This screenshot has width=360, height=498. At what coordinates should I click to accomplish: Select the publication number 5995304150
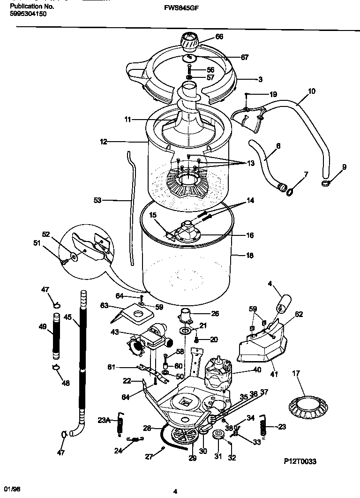pos(28,14)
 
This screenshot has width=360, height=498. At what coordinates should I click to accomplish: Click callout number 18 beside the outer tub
pos(249,256)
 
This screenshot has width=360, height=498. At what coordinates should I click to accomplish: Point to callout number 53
pos(97,200)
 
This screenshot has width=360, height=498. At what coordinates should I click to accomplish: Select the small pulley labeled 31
pos(218,435)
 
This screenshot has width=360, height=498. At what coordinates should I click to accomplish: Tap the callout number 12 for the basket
pos(104,140)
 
